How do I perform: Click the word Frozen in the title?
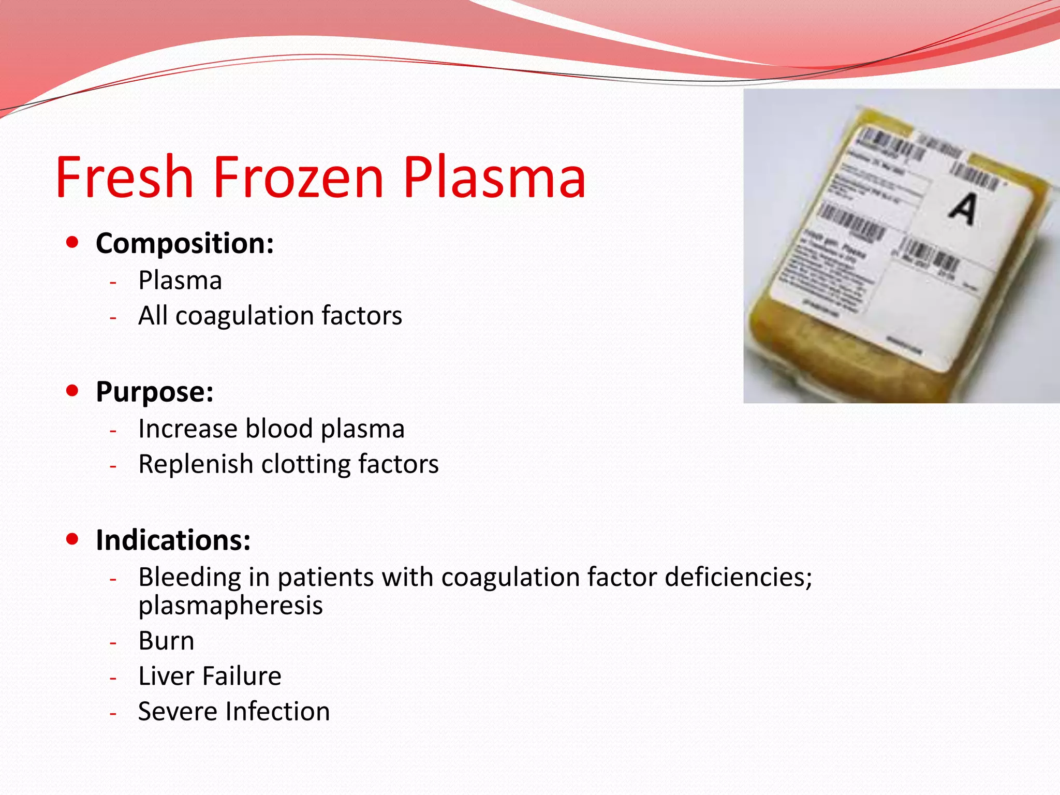point(298,177)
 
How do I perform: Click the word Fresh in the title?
point(124,177)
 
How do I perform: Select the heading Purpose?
point(154,391)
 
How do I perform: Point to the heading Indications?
point(173,540)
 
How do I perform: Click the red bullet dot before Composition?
point(72,242)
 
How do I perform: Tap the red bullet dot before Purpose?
point(72,390)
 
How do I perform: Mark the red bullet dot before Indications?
point(72,539)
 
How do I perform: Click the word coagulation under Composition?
point(244,316)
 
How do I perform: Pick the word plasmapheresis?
point(230,606)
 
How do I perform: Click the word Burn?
point(166,641)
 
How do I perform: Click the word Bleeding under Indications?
point(189,577)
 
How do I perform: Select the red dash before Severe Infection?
point(113,714)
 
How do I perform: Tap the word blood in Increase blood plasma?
point(279,429)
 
